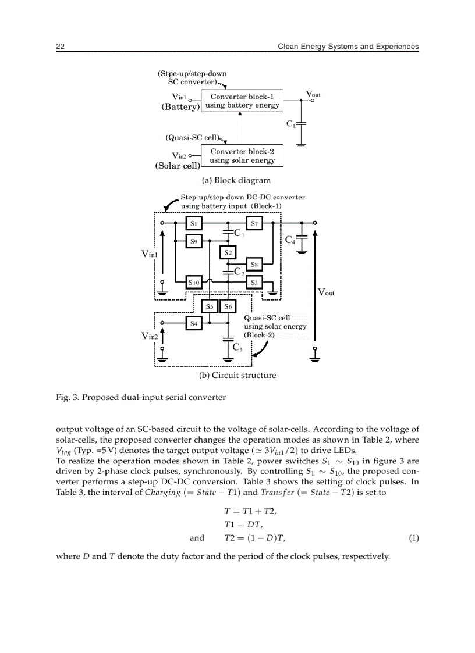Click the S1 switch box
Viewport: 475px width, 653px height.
[x=194, y=223]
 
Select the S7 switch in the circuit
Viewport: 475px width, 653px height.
[x=254, y=223]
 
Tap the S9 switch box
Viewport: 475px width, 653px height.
[x=194, y=240]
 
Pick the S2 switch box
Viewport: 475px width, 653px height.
[x=228, y=253]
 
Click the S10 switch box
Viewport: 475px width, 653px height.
[x=194, y=283]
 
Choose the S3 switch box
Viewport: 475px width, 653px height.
[x=254, y=283]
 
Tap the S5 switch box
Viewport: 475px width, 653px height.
[x=210, y=306]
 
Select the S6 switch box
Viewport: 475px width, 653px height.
[x=228, y=306]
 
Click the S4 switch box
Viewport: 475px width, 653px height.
[x=194, y=323]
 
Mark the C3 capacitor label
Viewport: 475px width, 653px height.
[x=238, y=348]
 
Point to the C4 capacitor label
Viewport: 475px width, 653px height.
[x=290, y=240]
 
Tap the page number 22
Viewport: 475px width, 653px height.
[x=60, y=47]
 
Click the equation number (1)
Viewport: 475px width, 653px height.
[x=413, y=538]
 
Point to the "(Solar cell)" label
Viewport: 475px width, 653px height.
[x=178, y=165]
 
